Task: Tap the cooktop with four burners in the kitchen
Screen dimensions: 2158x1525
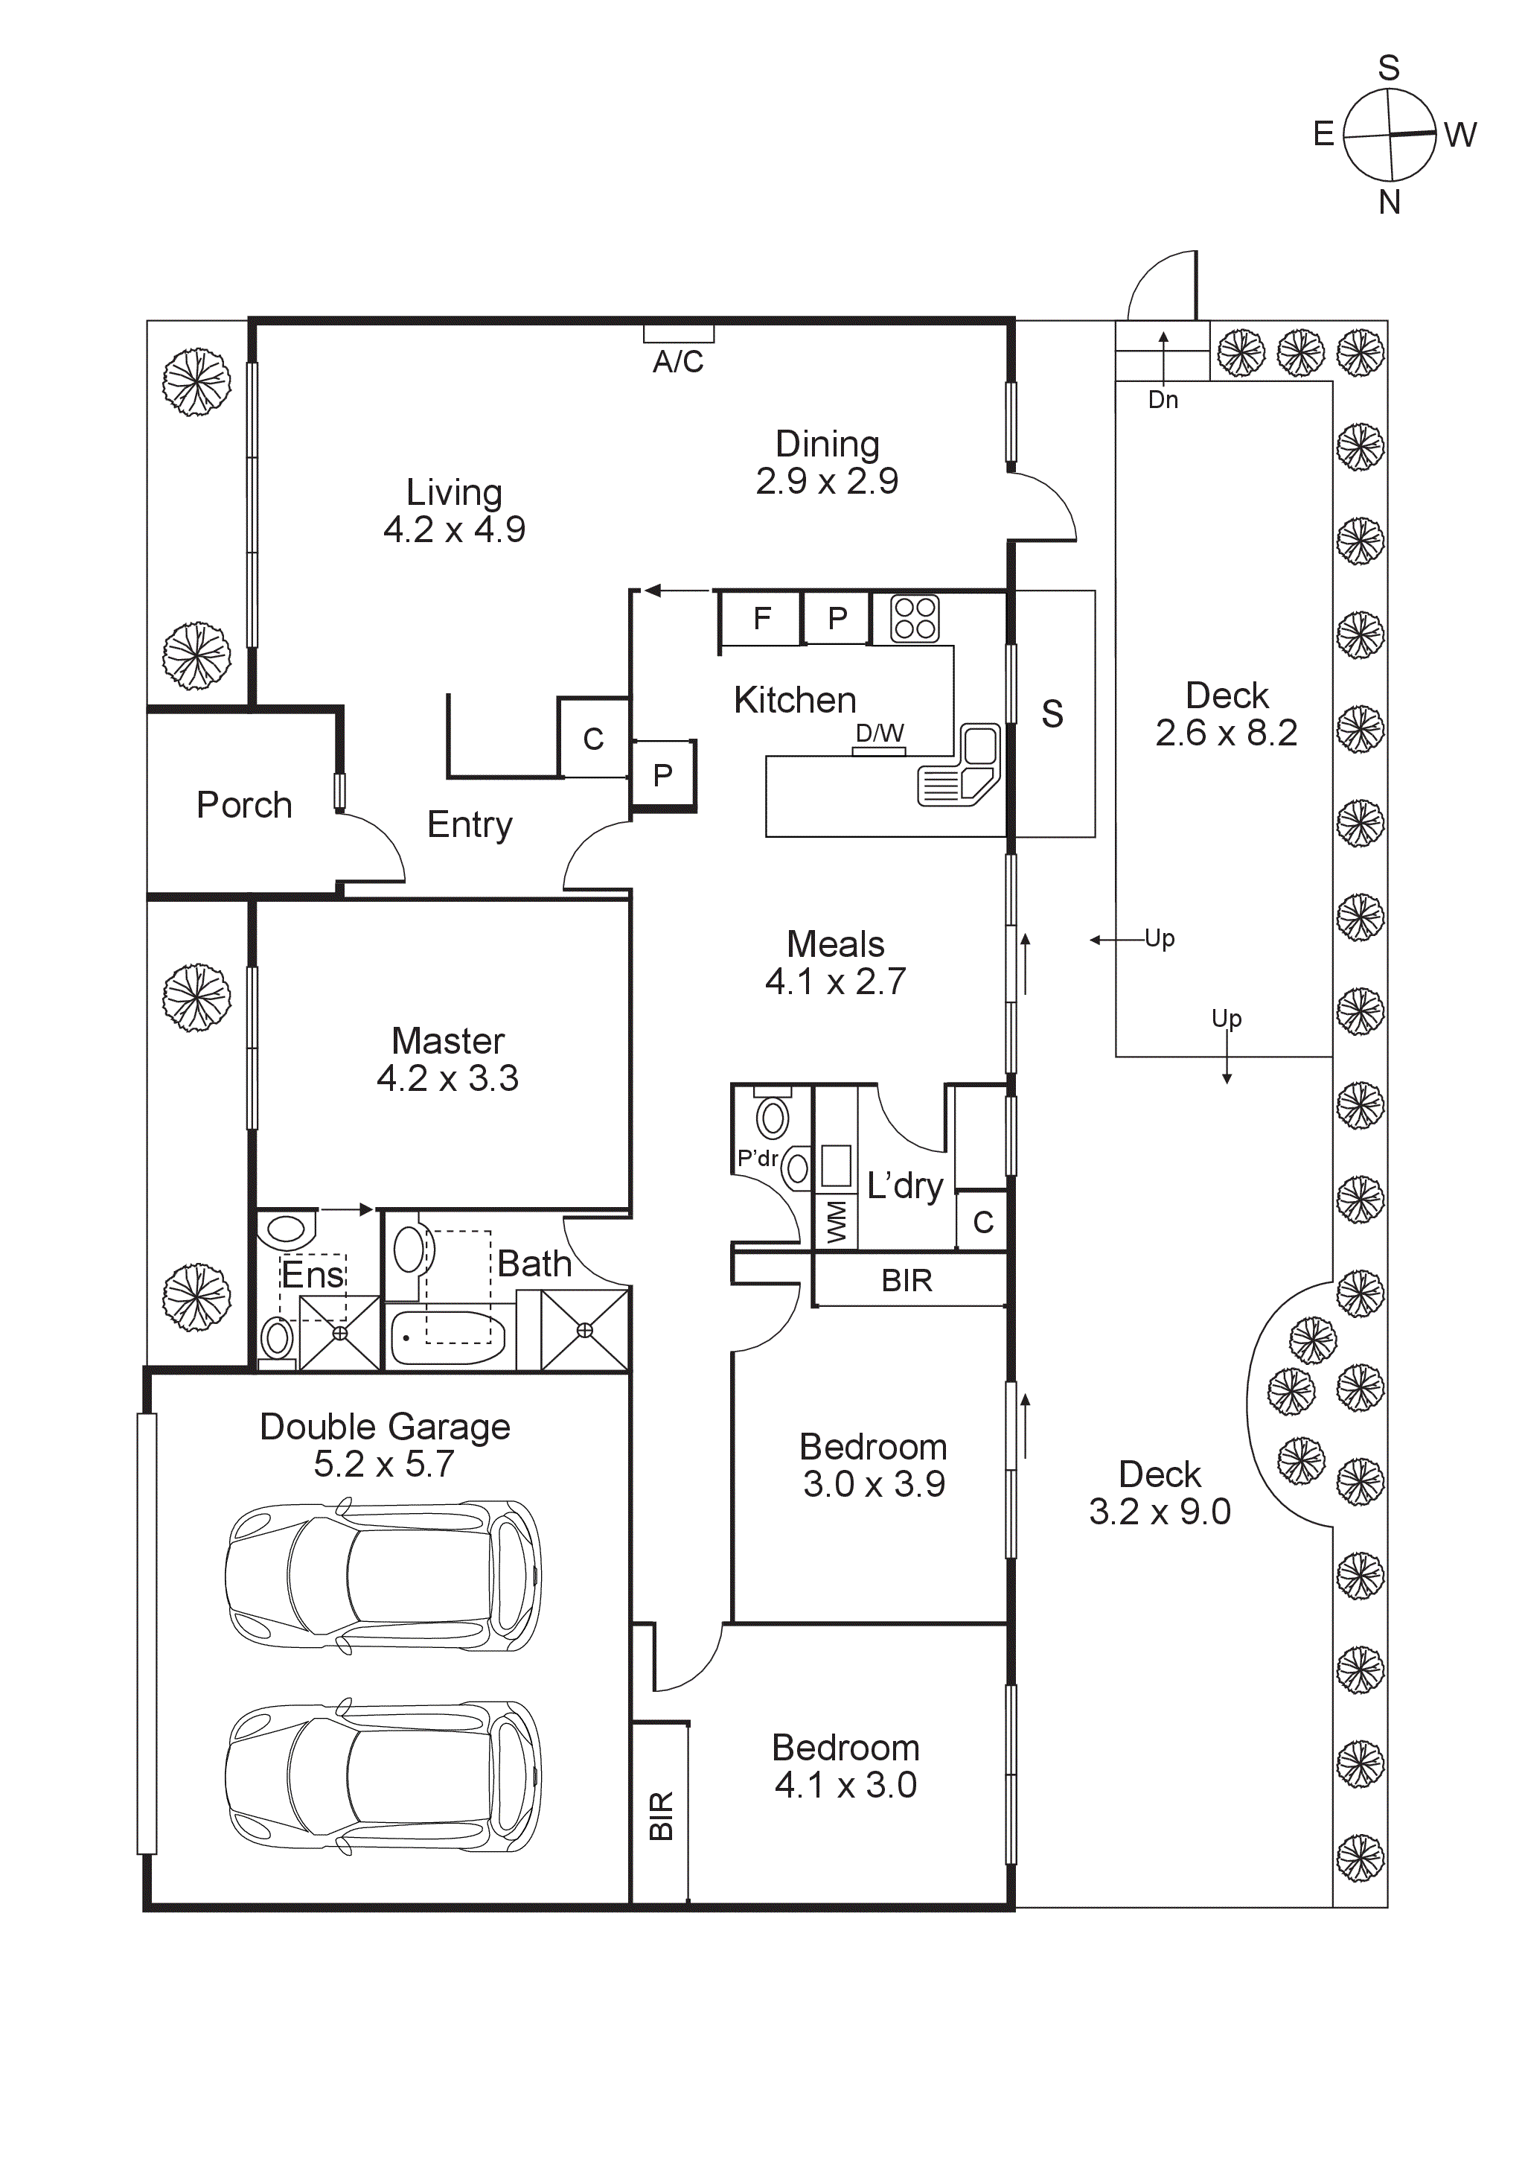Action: click(914, 619)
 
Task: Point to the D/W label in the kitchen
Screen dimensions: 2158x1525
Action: click(880, 733)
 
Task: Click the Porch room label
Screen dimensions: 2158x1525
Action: click(244, 806)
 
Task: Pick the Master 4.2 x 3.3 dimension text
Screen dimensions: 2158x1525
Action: click(447, 1079)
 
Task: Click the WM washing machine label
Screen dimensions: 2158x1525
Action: click(835, 1222)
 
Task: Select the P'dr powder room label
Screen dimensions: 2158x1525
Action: click(758, 1158)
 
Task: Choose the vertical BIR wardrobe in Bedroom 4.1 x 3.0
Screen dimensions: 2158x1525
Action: click(661, 1814)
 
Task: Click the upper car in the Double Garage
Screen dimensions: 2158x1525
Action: click(383, 1576)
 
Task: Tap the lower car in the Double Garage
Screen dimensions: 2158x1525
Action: click(383, 1777)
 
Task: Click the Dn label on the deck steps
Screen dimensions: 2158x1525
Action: click(1163, 401)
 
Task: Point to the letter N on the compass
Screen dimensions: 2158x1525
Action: click(1389, 202)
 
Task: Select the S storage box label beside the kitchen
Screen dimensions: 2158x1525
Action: click(1052, 714)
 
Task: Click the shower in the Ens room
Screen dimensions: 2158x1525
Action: click(340, 1333)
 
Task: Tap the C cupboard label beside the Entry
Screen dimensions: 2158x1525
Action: click(593, 739)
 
